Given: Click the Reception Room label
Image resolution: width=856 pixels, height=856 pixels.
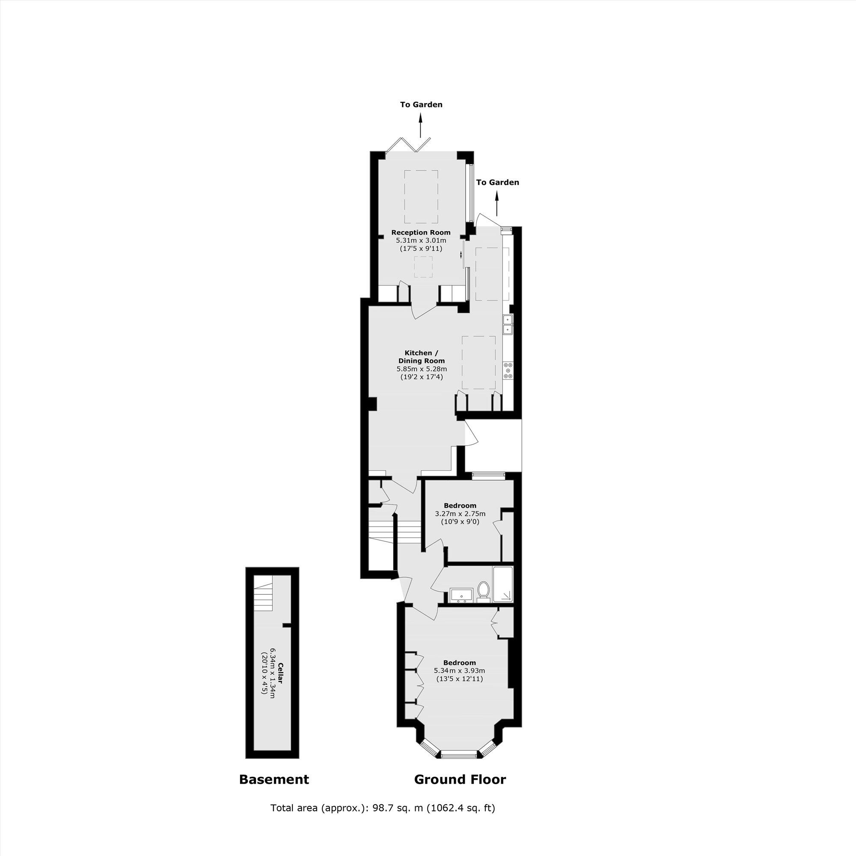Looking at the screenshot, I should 420,232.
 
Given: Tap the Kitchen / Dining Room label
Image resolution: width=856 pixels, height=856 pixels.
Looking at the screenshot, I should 421,357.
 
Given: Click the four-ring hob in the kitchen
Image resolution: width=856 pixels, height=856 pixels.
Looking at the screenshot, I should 508,370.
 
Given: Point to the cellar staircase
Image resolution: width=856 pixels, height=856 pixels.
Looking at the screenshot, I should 264,596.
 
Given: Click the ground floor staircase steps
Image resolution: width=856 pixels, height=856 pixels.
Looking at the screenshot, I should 394,529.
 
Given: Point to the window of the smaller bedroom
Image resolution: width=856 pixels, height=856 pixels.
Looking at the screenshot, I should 488,476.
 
